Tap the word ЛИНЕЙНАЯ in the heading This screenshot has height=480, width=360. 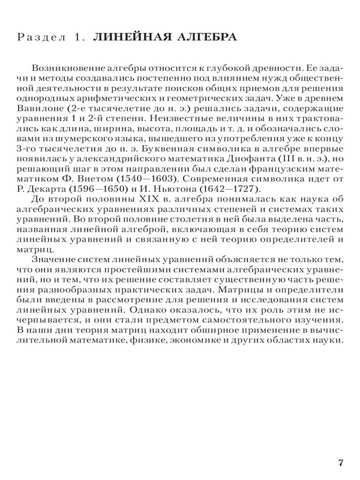coord(122,37)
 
